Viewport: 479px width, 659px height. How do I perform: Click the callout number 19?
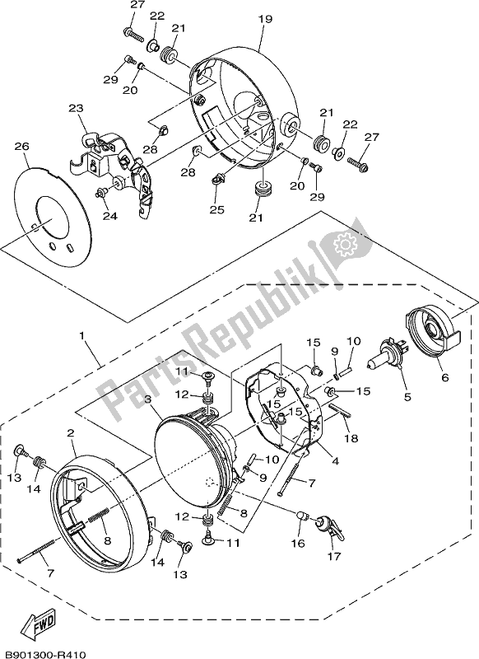click(263, 17)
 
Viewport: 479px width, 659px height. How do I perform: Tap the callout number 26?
click(22, 147)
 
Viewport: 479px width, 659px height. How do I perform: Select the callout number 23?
click(76, 108)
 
